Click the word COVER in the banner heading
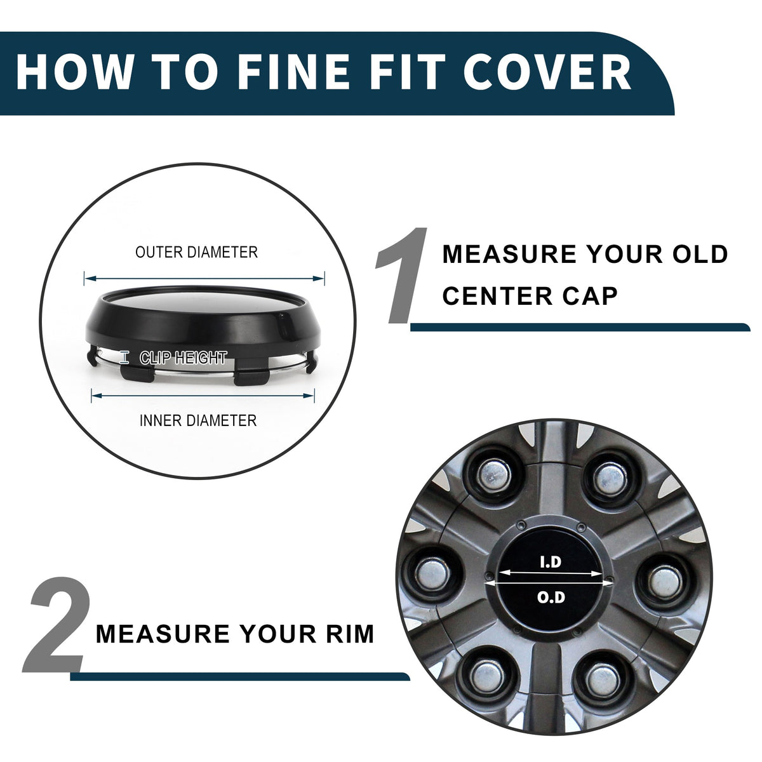pos(547,71)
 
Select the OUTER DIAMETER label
pos(196,252)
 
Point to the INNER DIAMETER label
pos(198,420)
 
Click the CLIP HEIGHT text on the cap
pos(183,358)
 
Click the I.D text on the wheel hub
pos(551,562)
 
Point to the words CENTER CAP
pos(530,296)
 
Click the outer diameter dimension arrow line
pos(204,278)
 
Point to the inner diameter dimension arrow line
pos(203,396)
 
